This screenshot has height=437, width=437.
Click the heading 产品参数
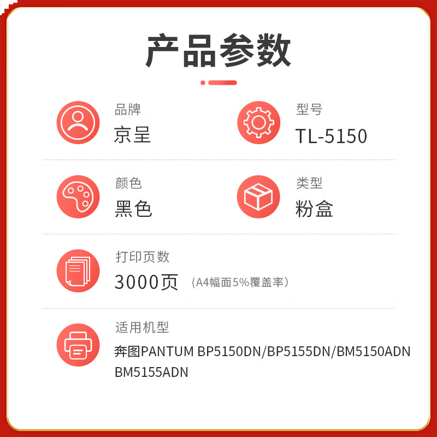click(218, 50)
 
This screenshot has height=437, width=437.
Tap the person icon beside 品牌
click(78, 122)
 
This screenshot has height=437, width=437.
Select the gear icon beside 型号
click(258, 122)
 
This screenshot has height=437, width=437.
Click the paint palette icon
click(78, 197)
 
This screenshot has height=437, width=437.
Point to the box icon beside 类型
click(258, 197)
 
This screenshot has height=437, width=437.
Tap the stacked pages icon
click(78, 271)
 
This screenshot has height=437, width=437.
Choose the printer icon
click(78, 345)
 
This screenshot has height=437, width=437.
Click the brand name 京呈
click(132, 135)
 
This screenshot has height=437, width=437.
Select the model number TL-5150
click(331, 136)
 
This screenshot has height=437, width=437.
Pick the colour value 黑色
click(133, 209)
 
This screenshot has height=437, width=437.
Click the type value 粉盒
click(314, 209)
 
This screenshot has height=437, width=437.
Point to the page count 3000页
click(146, 282)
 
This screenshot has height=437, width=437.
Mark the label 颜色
click(128, 183)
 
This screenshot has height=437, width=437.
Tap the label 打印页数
click(143, 257)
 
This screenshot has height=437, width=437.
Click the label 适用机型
click(142, 327)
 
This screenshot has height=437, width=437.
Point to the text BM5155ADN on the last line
click(151, 373)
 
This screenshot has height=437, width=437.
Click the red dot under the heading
click(203, 82)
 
